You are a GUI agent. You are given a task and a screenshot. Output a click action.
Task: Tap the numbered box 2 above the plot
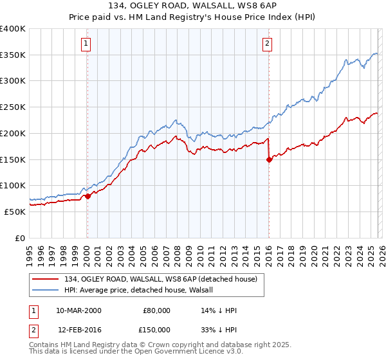tap(267, 44)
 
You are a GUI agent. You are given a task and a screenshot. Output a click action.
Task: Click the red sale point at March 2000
tap(87, 196)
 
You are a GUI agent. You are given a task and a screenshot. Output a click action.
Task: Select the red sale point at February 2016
tap(269, 160)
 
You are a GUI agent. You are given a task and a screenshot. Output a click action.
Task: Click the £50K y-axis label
tap(15, 212)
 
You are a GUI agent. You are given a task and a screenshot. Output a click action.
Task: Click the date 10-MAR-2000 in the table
tap(78, 310)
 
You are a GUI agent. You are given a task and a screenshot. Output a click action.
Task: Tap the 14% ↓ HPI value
tap(219, 310)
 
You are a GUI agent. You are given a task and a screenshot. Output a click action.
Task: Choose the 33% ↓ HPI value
tap(219, 329)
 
